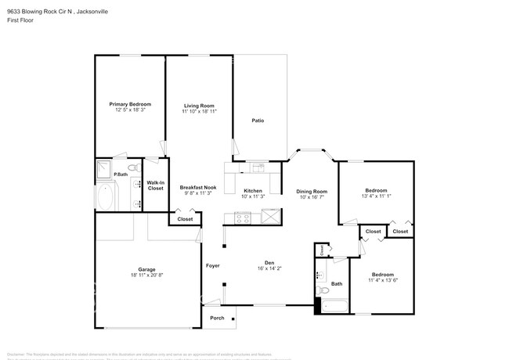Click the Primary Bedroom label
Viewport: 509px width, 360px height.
pos(129,104)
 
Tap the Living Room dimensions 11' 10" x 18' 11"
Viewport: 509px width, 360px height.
pos(199,112)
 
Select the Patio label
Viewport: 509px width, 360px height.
pos(257,121)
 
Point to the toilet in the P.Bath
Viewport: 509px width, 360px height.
pos(134,167)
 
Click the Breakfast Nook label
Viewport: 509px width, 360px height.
pos(197,187)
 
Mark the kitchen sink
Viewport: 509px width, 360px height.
pos(258,167)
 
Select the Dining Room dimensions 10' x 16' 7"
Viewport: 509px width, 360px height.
pos(311,197)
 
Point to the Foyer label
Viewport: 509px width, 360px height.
pos(212,265)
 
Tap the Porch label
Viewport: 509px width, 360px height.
pos(217,318)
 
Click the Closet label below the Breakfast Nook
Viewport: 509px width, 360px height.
pos(185,219)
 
